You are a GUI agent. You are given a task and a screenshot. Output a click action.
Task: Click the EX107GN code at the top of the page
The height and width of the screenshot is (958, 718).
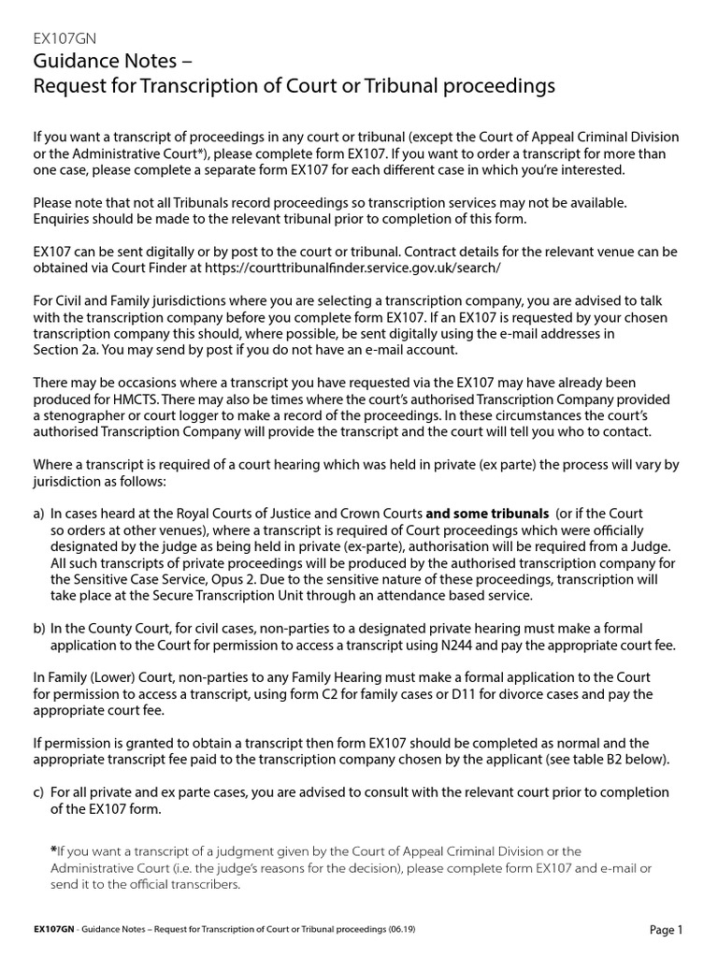point(64,38)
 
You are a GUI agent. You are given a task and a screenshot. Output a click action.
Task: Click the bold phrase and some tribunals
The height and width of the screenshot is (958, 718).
point(487,514)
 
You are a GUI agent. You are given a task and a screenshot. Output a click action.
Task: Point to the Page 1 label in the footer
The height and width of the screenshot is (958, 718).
point(667,930)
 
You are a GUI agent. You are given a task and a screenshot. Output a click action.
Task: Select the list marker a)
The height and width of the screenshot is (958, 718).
point(38,514)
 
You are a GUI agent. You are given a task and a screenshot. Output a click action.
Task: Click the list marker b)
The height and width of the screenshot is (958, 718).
point(38,628)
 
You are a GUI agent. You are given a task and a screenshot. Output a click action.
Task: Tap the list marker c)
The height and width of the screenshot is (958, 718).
point(38,791)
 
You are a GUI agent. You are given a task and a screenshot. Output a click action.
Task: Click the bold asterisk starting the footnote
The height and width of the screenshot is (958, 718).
point(52,849)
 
